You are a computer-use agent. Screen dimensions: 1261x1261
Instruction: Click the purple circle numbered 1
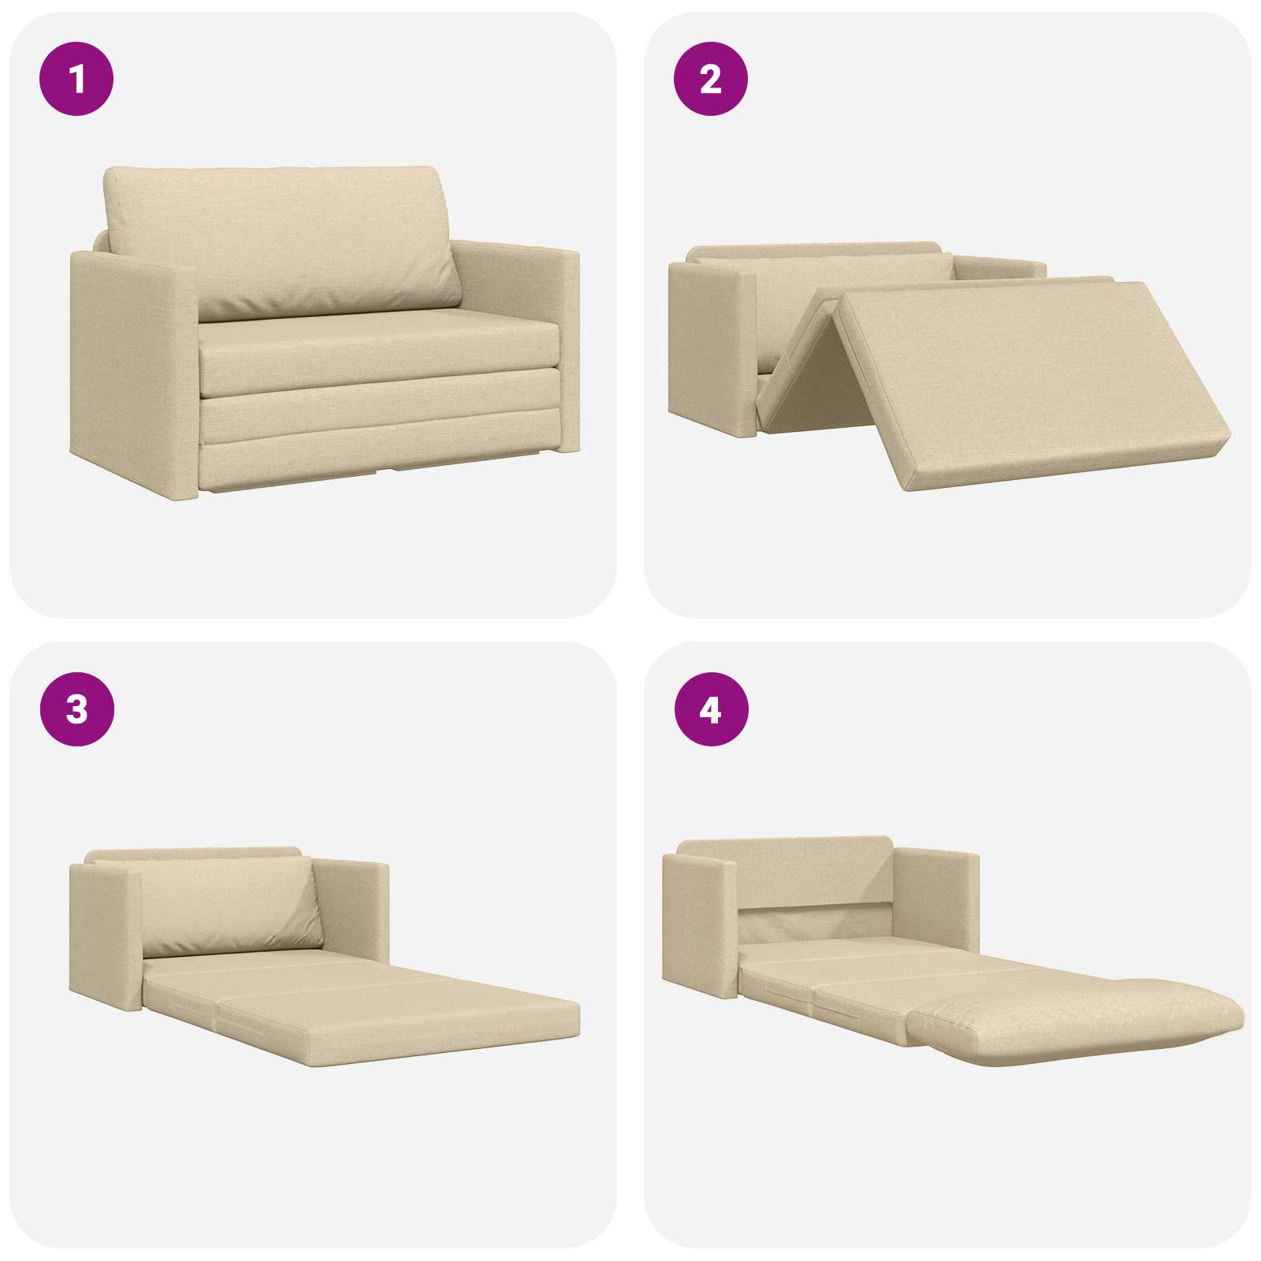point(76,80)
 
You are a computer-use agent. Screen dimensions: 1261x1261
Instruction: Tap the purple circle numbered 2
point(710,80)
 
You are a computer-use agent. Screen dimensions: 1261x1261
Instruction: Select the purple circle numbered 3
point(76,710)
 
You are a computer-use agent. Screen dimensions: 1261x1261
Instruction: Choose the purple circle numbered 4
point(710,710)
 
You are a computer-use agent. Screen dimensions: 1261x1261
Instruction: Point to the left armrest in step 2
point(712,347)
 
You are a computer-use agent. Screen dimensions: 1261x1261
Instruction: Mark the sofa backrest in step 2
point(816,260)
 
